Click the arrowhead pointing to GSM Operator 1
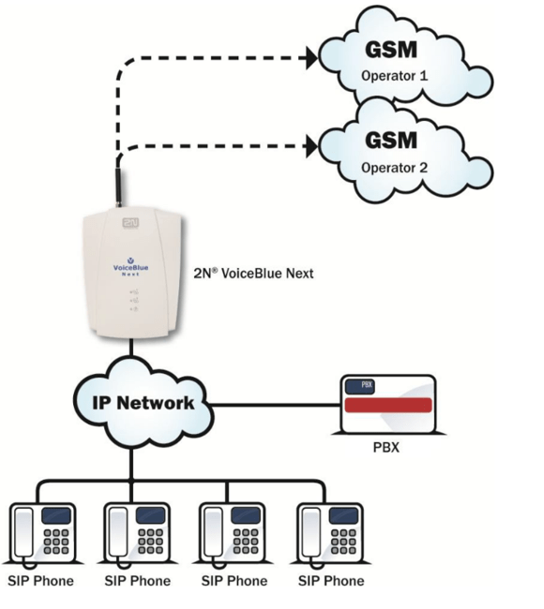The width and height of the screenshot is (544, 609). tap(311, 58)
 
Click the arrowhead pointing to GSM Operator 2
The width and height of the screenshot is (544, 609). tap(311, 146)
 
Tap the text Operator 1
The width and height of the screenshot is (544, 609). tap(394, 76)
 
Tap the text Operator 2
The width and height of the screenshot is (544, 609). tap(394, 168)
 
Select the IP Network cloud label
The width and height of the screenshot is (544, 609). tap(144, 403)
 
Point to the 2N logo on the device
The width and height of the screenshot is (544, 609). tap(130, 223)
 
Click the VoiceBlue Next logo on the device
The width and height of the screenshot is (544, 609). tap(130, 267)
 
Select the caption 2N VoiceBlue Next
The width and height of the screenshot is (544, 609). tap(253, 274)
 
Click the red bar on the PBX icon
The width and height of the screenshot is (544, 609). tap(388, 405)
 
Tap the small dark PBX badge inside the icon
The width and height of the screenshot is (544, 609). tap(360, 386)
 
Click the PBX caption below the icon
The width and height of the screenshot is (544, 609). tap(386, 448)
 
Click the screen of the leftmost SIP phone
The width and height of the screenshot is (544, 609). tap(56, 516)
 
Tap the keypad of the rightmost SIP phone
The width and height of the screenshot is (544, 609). tap(343, 542)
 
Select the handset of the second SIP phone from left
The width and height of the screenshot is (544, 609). tap(118, 533)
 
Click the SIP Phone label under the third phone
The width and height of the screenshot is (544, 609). tap(234, 581)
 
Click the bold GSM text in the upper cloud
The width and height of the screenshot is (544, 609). tap(391, 50)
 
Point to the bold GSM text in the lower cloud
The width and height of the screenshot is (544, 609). tap(391, 140)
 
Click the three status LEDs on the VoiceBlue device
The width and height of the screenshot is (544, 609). tap(134, 300)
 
